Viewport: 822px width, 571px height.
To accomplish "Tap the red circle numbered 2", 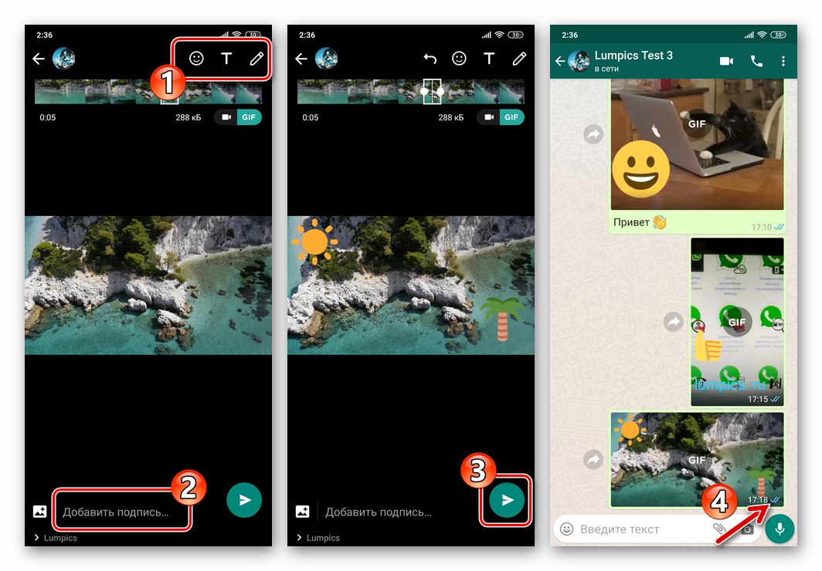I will pos(188,486).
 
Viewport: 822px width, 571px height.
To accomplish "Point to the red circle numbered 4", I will pos(718,502).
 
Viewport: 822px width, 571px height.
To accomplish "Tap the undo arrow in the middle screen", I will pos(430,59).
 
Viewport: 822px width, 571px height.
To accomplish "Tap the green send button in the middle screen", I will pos(507,500).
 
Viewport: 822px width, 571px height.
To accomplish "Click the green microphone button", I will pos(780,529).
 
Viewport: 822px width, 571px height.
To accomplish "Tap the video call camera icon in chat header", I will pos(726,61).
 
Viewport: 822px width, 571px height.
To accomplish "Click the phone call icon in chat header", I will pos(756,61).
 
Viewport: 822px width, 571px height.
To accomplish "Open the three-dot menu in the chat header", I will pos(783,61).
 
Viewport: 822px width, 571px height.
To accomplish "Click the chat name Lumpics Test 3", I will pos(633,56).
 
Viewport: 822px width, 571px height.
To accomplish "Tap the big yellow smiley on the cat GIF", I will pos(641,169).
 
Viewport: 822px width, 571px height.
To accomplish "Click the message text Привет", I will pos(631,223).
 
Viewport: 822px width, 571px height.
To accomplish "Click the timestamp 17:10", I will pos(761,227).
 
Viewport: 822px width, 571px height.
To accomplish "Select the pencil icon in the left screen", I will pos(256,59).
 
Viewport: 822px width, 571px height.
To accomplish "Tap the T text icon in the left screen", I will pos(226,59).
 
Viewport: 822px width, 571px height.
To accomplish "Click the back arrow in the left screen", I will pos(39,59).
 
